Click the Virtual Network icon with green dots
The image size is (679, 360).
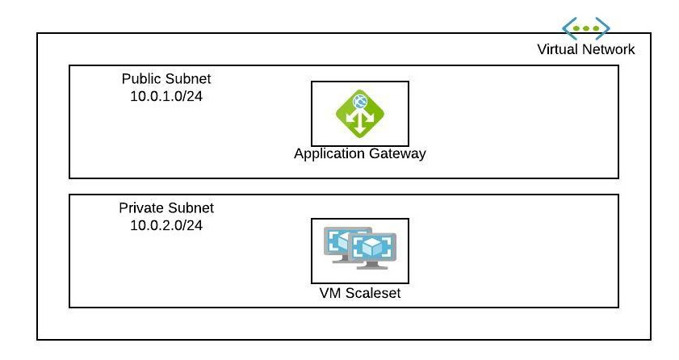click(586, 28)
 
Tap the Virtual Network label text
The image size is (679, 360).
click(586, 49)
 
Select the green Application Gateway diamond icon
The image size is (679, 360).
click(360, 114)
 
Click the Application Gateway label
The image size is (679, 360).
click(360, 153)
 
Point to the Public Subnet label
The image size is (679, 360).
click(166, 79)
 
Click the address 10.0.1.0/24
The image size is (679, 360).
click(166, 96)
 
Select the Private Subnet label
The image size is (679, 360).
click(166, 207)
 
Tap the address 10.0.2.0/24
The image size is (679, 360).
click(166, 224)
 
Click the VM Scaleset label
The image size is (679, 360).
click(360, 292)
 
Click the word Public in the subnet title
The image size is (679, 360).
click(140, 79)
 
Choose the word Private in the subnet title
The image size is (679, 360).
click(140, 207)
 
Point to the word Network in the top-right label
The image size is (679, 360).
click(610, 49)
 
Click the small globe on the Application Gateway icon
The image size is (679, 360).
click(360, 102)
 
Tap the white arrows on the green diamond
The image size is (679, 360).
click(360, 122)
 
